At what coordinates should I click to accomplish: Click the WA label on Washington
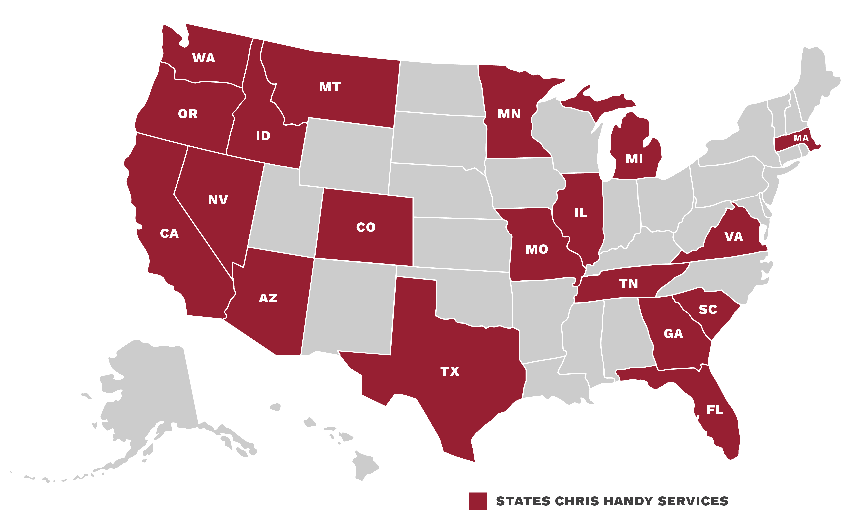click(x=203, y=58)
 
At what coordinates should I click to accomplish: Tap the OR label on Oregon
click(x=188, y=114)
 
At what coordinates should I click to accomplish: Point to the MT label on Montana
click(x=330, y=87)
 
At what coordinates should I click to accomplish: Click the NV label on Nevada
click(x=218, y=200)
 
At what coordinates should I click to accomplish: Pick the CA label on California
click(x=169, y=233)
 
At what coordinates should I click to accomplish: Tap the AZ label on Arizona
click(x=268, y=298)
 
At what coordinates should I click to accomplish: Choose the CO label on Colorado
click(x=366, y=227)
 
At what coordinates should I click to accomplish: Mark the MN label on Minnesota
click(x=509, y=114)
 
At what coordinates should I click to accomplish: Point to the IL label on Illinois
click(x=581, y=213)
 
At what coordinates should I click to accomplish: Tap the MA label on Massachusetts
click(x=801, y=138)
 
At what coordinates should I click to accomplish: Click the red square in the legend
click(x=478, y=501)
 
